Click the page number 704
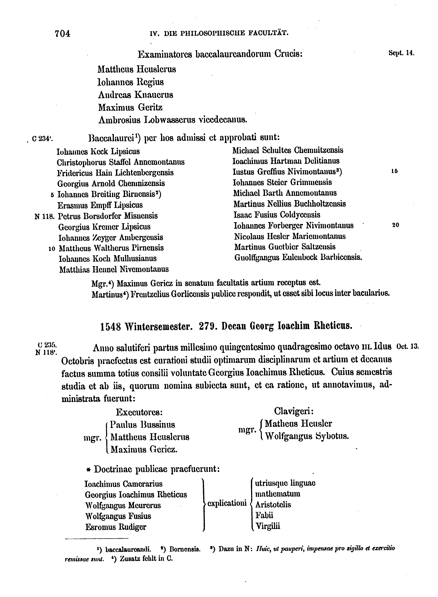tap(63, 34)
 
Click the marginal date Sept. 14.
tap(401, 53)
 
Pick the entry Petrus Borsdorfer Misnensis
tap(108, 216)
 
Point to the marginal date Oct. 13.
tap(407, 346)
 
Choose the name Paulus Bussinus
tap(143, 425)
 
